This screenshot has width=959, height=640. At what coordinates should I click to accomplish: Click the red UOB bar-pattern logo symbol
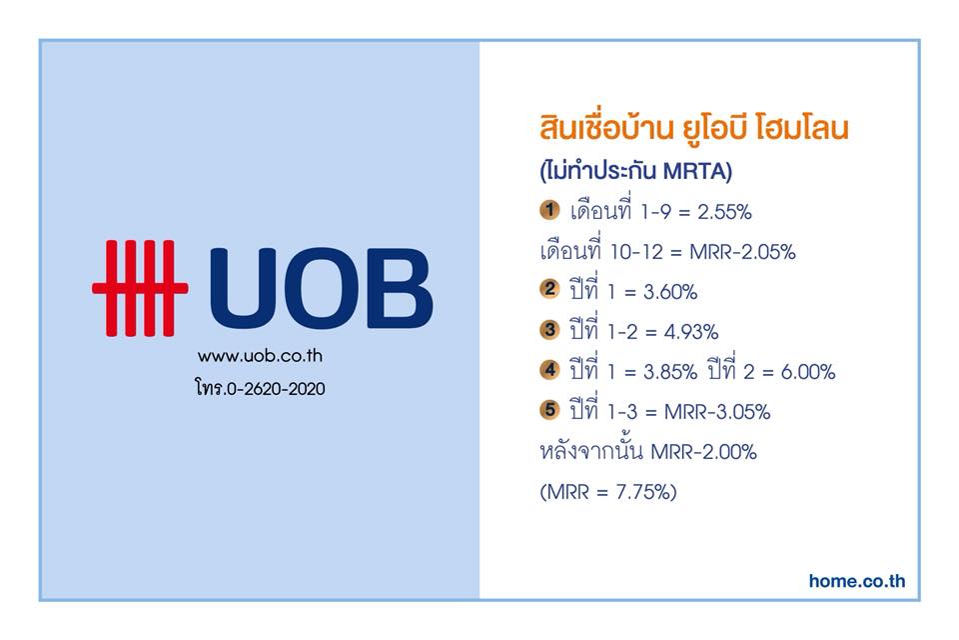click(140, 288)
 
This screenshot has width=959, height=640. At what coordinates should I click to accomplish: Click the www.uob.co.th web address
click(260, 356)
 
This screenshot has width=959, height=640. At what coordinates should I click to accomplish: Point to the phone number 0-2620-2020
click(276, 389)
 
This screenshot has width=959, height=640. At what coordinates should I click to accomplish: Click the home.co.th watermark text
click(857, 581)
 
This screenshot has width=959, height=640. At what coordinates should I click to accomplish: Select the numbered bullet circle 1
click(549, 210)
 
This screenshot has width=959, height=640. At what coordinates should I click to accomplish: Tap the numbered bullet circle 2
click(549, 289)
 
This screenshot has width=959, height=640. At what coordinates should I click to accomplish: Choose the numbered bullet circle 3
click(549, 329)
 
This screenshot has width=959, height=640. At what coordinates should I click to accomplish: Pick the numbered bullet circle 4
click(549, 369)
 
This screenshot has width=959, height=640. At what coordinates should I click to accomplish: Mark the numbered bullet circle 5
click(549, 409)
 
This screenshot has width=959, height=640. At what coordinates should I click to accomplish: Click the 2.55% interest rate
click(724, 212)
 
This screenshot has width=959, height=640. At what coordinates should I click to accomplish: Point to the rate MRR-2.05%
click(742, 252)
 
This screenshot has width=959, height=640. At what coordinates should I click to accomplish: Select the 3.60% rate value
click(670, 292)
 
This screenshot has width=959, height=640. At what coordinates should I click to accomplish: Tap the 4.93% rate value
click(691, 332)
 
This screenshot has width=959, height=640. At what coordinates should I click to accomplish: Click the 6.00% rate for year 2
click(808, 372)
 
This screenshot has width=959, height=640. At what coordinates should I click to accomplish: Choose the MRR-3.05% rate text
click(717, 412)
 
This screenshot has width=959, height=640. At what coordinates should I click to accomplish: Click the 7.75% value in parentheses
click(642, 492)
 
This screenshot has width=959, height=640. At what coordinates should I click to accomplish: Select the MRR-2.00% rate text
click(704, 452)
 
